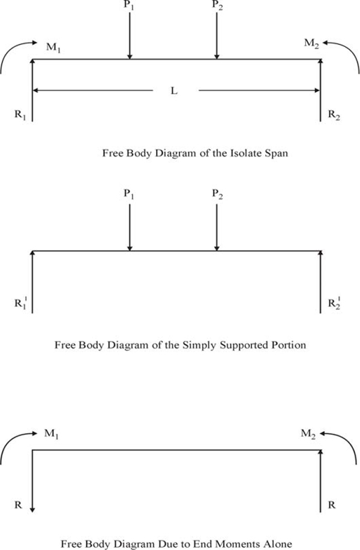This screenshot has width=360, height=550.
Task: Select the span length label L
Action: point(174,91)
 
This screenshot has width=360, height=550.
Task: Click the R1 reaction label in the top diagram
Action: point(20,115)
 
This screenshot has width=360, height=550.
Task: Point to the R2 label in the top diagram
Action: point(334,115)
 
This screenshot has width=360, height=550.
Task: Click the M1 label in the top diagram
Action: point(53,47)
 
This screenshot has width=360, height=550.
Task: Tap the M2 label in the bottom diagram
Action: point(308,434)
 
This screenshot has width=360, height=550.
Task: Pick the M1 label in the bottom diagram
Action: point(51,434)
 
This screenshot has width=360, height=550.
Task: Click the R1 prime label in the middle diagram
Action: point(20,302)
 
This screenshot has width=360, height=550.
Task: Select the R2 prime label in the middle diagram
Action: point(334,302)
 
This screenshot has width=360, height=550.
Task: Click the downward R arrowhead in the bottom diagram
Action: point(32,510)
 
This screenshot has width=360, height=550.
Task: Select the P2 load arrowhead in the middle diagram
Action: point(217,248)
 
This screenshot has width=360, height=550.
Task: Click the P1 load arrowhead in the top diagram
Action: point(130,56)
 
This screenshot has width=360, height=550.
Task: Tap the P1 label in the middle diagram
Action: point(129,194)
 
